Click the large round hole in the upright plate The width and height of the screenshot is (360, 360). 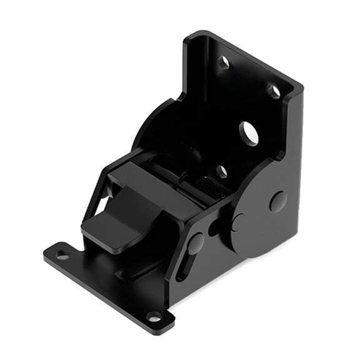click(249, 133)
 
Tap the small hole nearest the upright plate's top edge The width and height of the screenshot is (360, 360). click(223, 62)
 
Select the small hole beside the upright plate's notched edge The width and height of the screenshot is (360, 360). click(273, 91)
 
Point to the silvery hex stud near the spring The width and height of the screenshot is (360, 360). click(221, 171)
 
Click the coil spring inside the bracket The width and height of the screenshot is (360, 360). click(207, 187)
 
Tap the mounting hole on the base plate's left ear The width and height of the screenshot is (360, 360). click(62, 254)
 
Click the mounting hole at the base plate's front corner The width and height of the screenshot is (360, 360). click(153, 316)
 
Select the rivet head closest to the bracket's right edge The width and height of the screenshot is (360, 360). click(277, 201)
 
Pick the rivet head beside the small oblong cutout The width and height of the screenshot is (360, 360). click(238, 222)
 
